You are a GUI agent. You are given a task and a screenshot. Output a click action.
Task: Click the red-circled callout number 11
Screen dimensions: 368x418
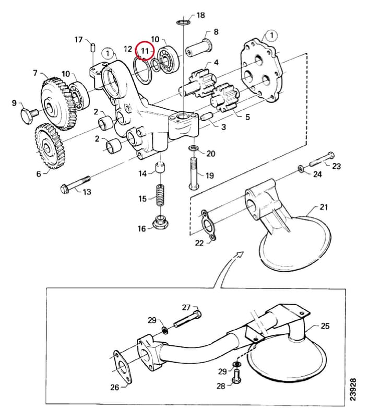(x=144, y=50)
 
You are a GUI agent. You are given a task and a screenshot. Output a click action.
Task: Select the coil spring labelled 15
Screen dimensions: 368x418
(x=160, y=195)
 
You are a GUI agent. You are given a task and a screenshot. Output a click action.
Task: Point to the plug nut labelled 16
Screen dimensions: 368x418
(x=160, y=223)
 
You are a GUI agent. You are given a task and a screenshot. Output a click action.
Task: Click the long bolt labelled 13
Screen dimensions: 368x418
(x=76, y=183)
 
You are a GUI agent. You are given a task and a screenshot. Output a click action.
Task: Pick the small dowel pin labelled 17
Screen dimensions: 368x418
(x=93, y=48)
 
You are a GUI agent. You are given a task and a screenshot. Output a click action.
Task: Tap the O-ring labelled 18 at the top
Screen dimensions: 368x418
(x=183, y=22)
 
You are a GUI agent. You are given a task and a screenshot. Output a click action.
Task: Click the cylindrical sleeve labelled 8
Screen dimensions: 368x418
(x=199, y=48)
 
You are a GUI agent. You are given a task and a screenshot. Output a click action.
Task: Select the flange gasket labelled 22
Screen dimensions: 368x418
(x=208, y=225)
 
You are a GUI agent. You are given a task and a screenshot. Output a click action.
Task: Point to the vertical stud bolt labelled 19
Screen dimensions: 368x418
(x=194, y=173)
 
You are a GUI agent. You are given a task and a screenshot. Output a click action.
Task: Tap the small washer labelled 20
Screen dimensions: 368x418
(x=194, y=148)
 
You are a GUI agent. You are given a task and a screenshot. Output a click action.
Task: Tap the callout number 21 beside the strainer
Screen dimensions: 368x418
(x=324, y=207)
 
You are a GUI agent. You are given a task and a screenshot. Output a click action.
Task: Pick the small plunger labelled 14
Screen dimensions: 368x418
(x=161, y=168)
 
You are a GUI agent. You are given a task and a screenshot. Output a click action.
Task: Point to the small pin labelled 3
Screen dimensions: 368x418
(x=207, y=117)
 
